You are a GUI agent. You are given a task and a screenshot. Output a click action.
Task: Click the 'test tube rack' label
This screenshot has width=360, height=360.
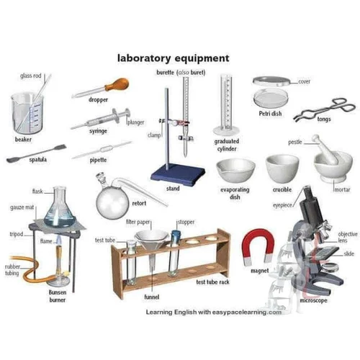tap(214, 282)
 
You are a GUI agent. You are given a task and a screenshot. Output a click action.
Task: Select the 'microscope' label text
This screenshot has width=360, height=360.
tap(314, 300)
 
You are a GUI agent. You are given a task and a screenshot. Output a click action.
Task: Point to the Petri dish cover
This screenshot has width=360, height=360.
tap(271, 81)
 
